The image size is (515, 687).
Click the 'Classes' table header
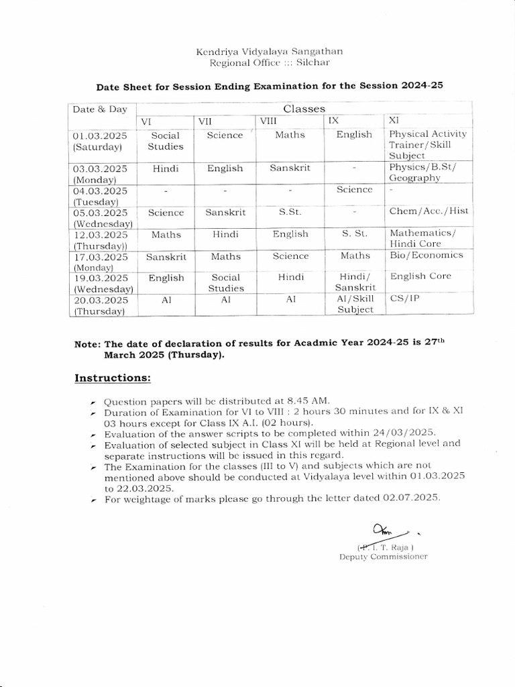[x=304, y=108]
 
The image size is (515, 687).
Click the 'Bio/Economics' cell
[x=426, y=255]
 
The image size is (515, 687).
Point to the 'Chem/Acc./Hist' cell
[x=428, y=211]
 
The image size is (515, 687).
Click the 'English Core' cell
[x=420, y=276]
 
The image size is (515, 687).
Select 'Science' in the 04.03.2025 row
[x=354, y=190]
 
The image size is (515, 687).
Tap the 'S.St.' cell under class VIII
[x=290, y=212]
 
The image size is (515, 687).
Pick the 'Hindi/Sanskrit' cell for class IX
[x=355, y=282]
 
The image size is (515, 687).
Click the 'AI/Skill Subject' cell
[x=355, y=304]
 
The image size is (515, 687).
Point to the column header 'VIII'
[x=269, y=121]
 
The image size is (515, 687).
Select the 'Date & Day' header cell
[x=100, y=109]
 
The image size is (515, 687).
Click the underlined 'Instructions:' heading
[x=113, y=378]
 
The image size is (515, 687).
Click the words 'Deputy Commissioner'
[x=383, y=556]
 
